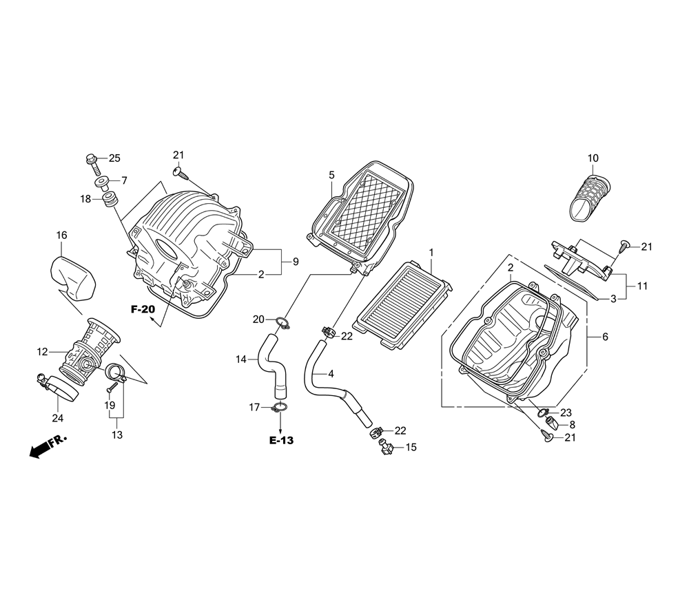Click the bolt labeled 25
pos(93,160)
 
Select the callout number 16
pos(61,236)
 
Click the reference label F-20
pos(143,310)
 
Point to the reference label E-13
pos(281,440)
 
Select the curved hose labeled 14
pos(270,364)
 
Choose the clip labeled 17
pos(279,410)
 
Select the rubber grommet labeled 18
pos(109,200)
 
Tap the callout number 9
pos(295,262)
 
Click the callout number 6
pos(605,337)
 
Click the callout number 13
pos(116,435)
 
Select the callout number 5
pos(331,175)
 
